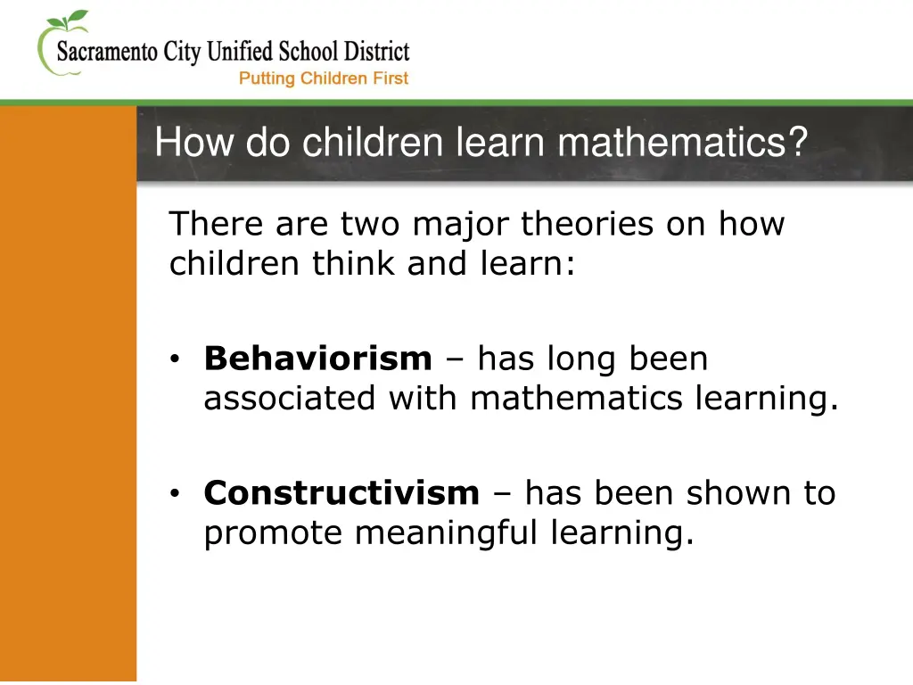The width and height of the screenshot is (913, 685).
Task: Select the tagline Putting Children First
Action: point(323,78)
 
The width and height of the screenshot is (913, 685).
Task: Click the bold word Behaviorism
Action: point(317,359)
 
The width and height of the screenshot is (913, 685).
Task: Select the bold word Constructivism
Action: point(341,492)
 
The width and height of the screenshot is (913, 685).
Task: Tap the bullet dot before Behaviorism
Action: point(177,360)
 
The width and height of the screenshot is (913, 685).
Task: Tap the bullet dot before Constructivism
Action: point(177,493)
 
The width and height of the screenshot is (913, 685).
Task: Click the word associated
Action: point(290,399)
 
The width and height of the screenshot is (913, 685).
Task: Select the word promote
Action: point(272,533)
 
